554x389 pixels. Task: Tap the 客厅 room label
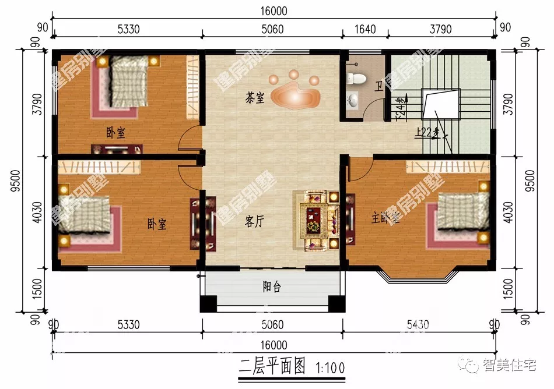254,221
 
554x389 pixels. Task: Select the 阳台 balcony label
269,286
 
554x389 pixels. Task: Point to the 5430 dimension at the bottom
417,324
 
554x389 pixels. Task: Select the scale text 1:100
330,367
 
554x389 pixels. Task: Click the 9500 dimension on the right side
530,182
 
